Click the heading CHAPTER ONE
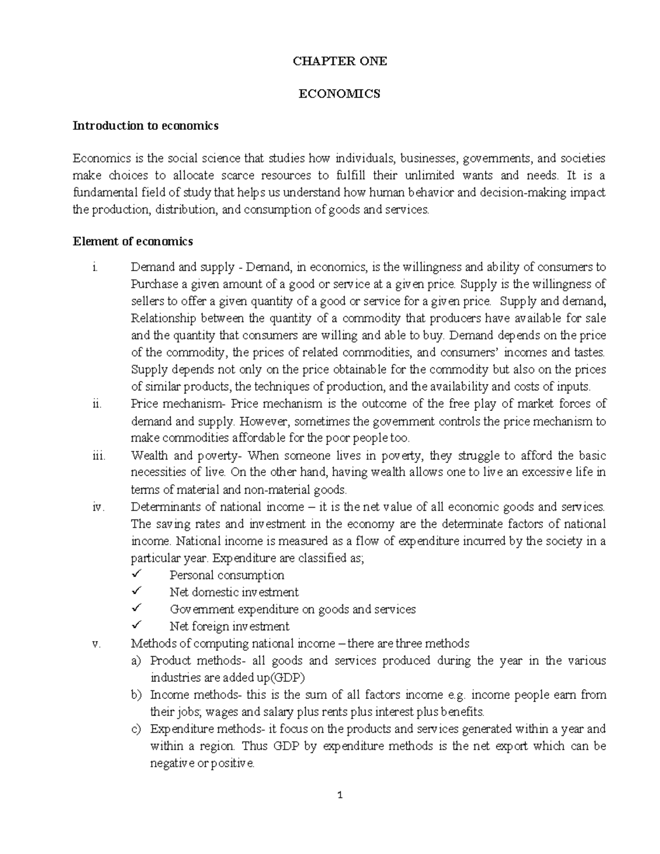click(x=339, y=62)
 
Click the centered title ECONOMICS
click(x=339, y=94)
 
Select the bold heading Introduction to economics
click(x=146, y=126)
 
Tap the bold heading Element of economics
click(x=133, y=241)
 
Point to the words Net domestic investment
click(x=234, y=592)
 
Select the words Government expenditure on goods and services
click(x=293, y=609)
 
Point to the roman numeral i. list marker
click(x=95, y=268)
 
